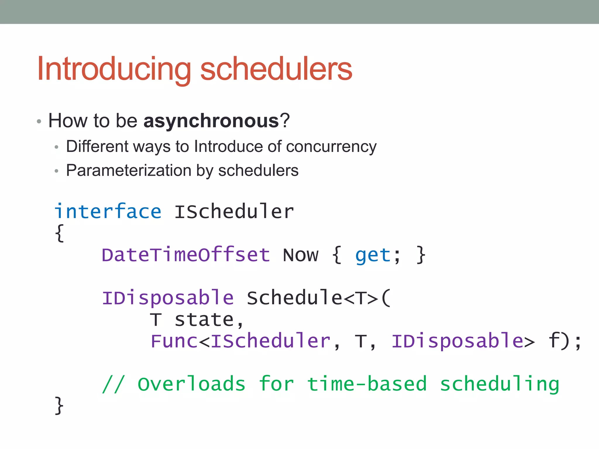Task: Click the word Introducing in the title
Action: pos(114,69)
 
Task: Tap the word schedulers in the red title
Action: pos(276,69)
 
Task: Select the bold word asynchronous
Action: pos(211,121)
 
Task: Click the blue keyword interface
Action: pos(108,211)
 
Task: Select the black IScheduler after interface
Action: pos(234,211)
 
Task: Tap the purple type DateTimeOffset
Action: pos(185,255)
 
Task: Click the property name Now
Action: pos(300,255)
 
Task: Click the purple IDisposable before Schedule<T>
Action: pos(168,298)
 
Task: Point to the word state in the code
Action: pos(204,320)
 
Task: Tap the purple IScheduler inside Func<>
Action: pos(270,341)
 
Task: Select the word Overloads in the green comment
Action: pos(191,384)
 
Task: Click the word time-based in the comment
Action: pos(367,384)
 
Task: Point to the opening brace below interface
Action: pos(59,233)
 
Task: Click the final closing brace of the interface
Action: pos(59,405)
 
